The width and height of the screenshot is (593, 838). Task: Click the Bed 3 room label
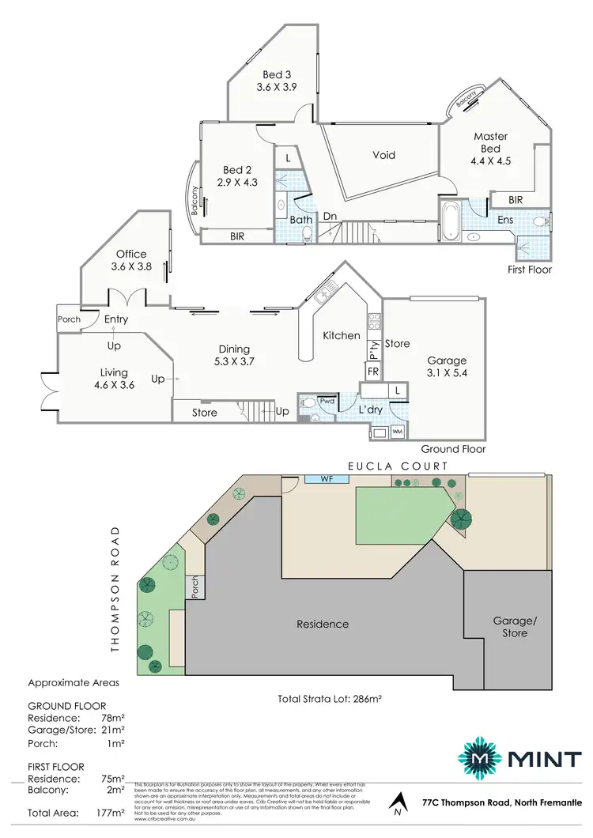pyautogui.click(x=276, y=81)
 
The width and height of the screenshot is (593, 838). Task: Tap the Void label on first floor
pyautogui.click(x=383, y=155)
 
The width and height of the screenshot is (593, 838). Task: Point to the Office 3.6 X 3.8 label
pyautogui.click(x=131, y=260)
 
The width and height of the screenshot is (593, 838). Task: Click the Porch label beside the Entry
pyautogui.click(x=69, y=319)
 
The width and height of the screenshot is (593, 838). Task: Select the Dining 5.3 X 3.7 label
pyautogui.click(x=234, y=355)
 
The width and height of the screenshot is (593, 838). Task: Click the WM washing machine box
pyautogui.click(x=397, y=432)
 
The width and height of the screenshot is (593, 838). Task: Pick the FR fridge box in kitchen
pyautogui.click(x=372, y=371)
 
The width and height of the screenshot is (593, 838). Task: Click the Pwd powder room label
pyautogui.click(x=327, y=401)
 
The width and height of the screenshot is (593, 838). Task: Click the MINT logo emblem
pyautogui.click(x=482, y=760)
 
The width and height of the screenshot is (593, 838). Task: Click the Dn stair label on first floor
pyautogui.click(x=329, y=216)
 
